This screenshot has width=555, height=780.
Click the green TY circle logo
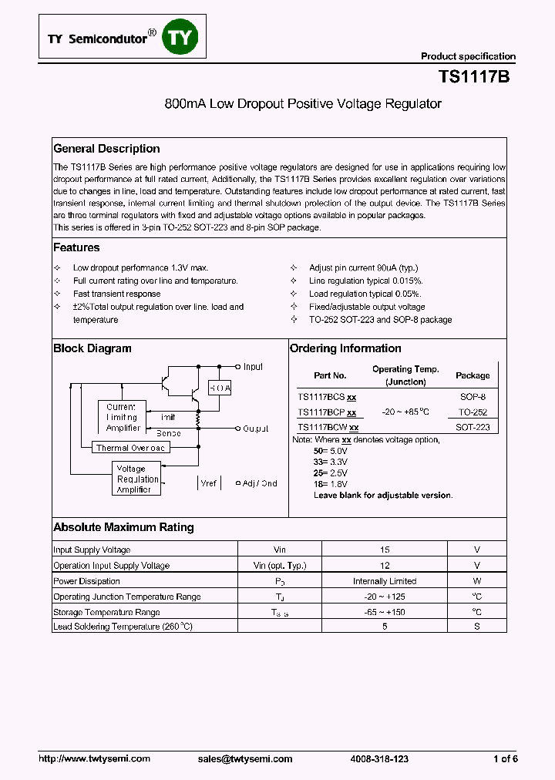coord(178,37)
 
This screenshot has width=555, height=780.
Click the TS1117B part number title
coord(473,77)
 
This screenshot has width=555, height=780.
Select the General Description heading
coord(106,149)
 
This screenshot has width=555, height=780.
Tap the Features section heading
coord(76,247)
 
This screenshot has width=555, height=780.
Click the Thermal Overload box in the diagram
coord(129,448)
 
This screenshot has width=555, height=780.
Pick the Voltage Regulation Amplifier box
coord(137,479)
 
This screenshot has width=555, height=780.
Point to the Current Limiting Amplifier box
coord(122,417)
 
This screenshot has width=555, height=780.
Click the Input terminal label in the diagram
coord(253,367)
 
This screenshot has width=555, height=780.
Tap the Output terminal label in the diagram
coord(256,428)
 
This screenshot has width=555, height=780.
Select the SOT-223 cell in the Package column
coord(473,427)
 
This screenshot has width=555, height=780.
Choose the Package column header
coord(473,375)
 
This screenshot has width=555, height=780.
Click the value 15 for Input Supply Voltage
coord(385,550)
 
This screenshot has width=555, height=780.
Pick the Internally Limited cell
coord(385,581)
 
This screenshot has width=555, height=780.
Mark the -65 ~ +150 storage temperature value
coord(385,612)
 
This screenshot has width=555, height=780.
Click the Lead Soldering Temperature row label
coord(123,627)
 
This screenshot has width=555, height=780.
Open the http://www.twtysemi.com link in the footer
coord(94,759)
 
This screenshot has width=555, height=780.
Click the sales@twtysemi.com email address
coord(245,759)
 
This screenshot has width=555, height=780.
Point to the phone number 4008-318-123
coord(379,759)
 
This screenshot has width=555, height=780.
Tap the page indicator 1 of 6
coord(505,759)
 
